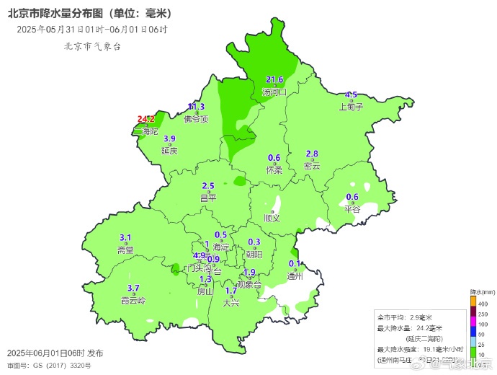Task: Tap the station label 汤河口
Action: click(x=274, y=92)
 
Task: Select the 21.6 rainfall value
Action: click(x=274, y=80)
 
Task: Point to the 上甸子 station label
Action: click(x=351, y=106)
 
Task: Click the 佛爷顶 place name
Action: click(x=196, y=119)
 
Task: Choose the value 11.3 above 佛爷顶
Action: click(x=196, y=107)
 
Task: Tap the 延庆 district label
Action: click(x=169, y=151)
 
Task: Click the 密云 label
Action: click(x=312, y=166)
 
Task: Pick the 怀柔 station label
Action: click(x=274, y=170)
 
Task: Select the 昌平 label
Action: click(x=208, y=198)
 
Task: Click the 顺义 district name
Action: click(x=272, y=217)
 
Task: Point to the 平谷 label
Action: click(x=352, y=209)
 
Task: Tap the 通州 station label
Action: click(x=295, y=275)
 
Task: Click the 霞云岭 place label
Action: click(x=133, y=300)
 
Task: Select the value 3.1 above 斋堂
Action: click(x=125, y=238)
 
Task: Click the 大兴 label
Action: click(x=231, y=303)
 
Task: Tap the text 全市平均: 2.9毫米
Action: click(x=406, y=317)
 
